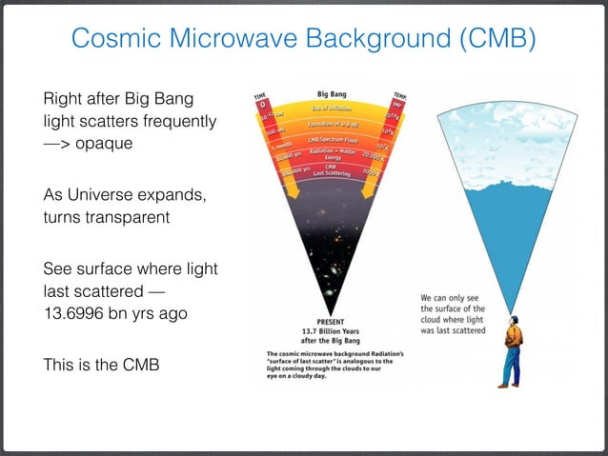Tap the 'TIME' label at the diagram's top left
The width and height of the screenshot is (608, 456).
pos(258,96)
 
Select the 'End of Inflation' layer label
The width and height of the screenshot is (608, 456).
pos(330,109)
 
